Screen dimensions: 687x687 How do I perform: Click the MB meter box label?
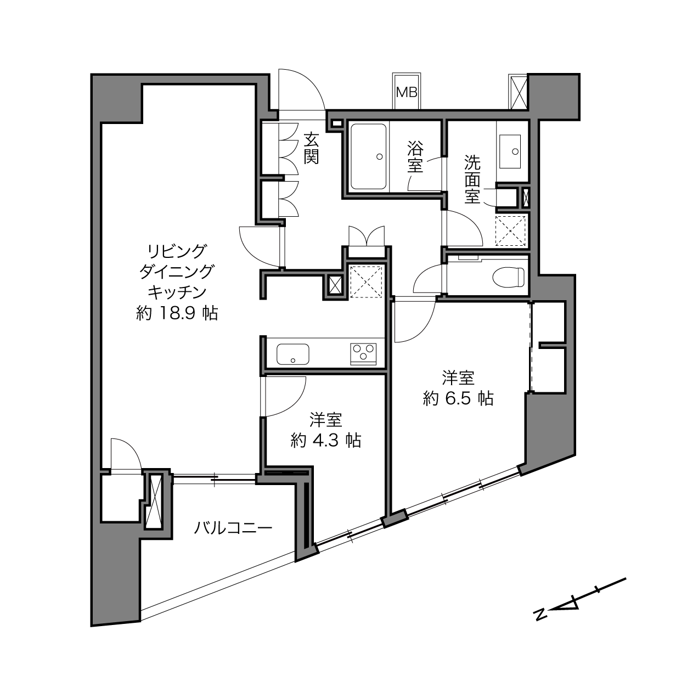(x=407, y=93)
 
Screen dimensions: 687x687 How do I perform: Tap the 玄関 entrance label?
(x=311, y=148)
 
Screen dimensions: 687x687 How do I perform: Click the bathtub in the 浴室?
(x=368, y=156)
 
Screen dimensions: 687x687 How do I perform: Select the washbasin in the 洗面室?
(x=510, y=151)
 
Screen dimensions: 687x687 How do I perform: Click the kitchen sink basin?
(x=292, y=354)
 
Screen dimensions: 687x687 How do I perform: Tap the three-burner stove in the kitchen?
(x=363, y=354)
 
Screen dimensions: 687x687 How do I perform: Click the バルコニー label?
(x=233, y=528)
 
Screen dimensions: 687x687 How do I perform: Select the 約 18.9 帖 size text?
(x=177, y=313)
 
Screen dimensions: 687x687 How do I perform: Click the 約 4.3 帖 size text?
(x=326, y=440)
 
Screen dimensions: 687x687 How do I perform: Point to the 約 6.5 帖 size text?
(x=459, y=398)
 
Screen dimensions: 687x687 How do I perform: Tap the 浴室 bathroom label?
(x=415, y=157)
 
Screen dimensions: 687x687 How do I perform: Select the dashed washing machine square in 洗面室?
(x=510, y=231)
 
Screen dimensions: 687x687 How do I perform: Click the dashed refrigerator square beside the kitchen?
(x=366, y=281)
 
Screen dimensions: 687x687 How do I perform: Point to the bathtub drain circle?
(x=379, y=156)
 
